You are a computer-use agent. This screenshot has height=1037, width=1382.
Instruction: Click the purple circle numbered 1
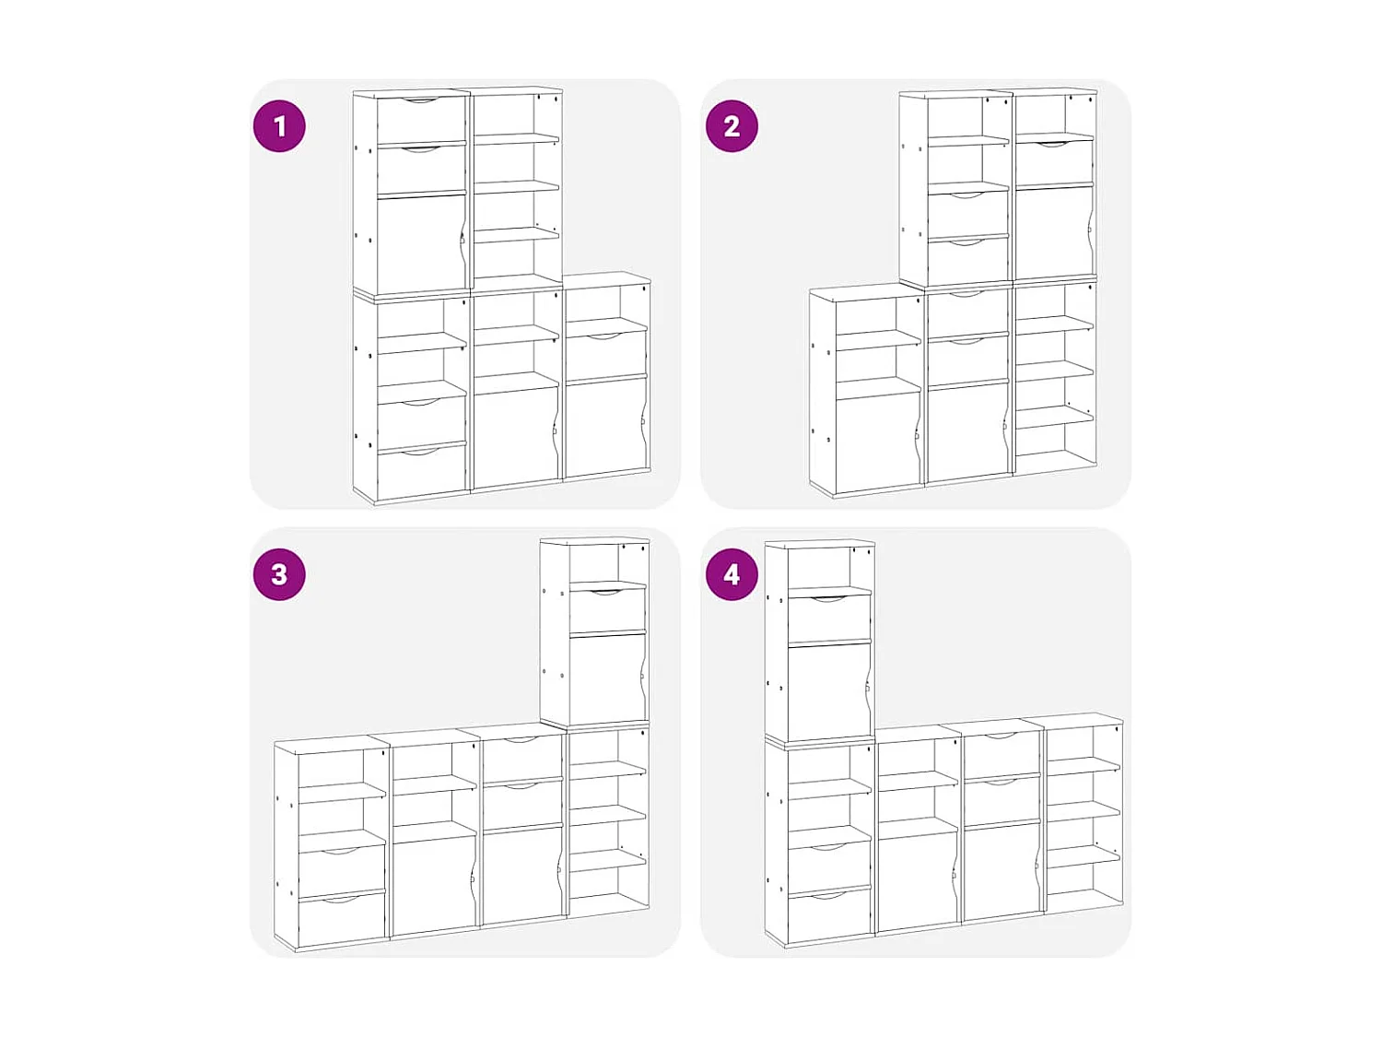click(279, 126)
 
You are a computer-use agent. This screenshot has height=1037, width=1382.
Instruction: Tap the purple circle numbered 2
click(732, 126)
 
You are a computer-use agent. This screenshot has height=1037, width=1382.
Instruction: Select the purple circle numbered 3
click(279, 574)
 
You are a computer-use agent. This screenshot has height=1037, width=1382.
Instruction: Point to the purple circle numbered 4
click(732, 574)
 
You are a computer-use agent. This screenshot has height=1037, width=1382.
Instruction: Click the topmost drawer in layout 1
click(421, 120)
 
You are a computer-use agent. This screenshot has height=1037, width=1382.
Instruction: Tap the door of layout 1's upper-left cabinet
click(419, 244)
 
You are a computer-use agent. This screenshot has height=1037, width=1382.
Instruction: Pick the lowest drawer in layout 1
click(421, 473)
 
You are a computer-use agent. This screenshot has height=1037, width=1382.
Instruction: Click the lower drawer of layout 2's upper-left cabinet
click(967, 261)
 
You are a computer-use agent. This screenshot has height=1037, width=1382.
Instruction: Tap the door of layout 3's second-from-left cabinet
click(433, 883)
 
